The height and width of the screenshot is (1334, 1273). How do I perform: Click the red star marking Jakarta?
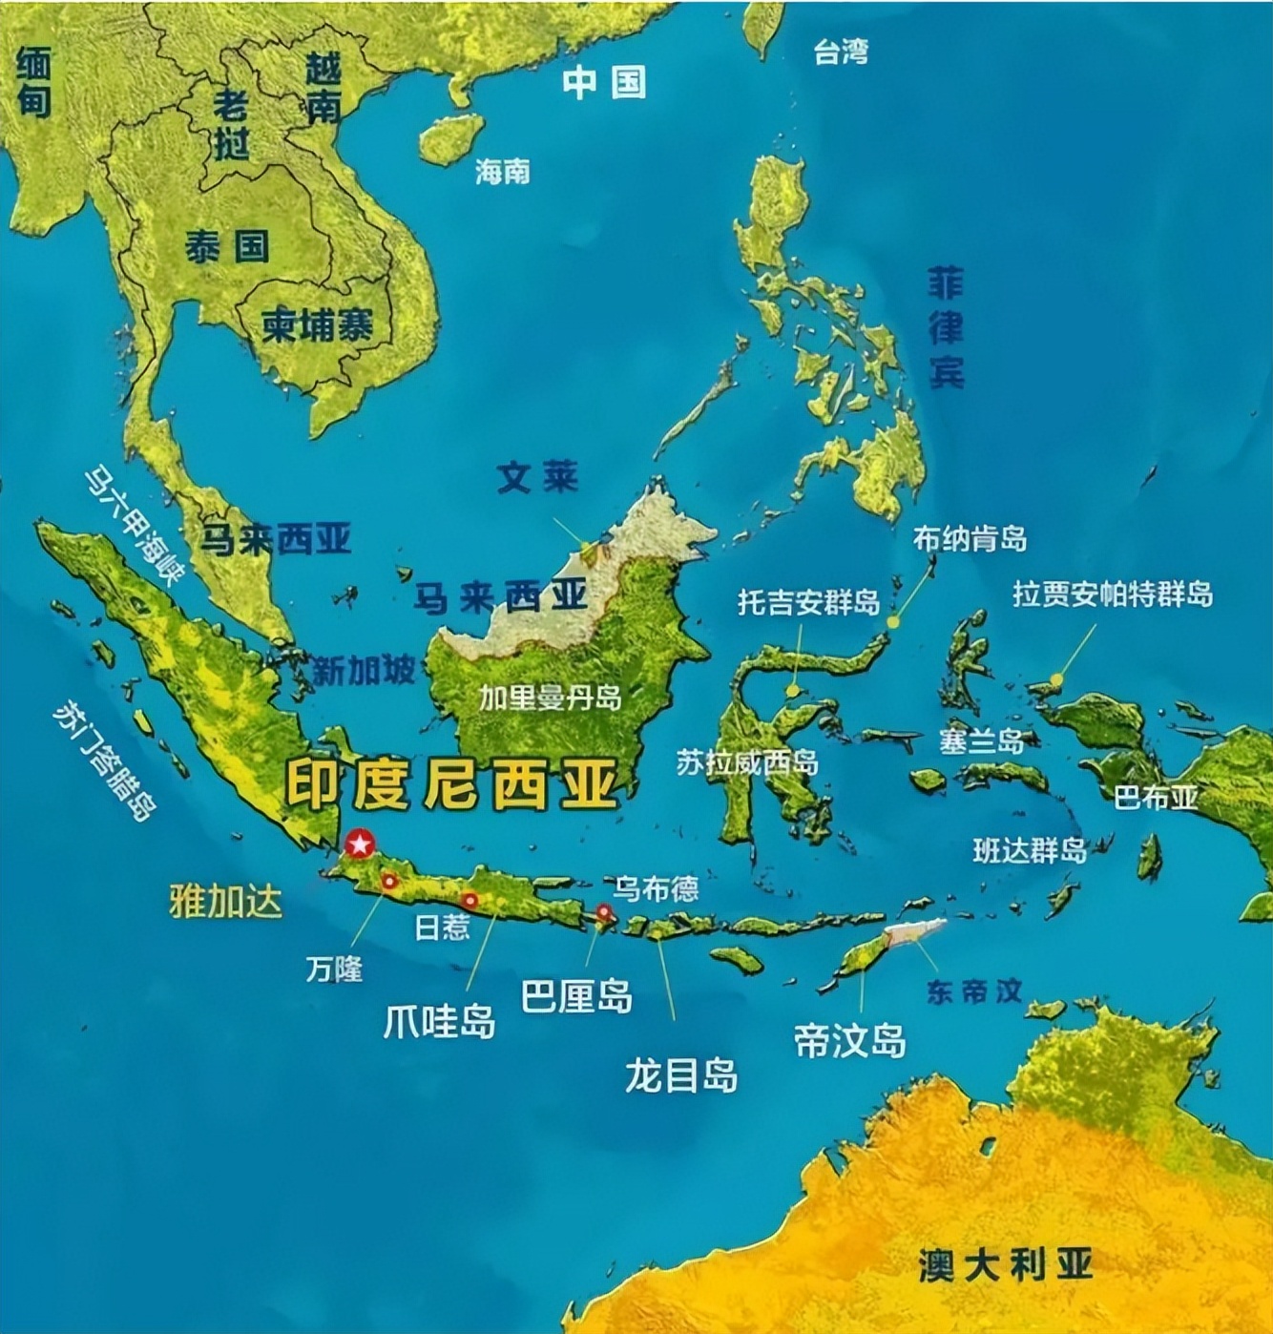[x=360, y=844]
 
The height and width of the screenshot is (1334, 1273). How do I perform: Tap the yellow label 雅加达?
[x=226, y=900]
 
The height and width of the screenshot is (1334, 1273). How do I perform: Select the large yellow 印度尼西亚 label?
[x=452, y=785]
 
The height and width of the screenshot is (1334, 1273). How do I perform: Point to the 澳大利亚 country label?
[x=1005, y=1264]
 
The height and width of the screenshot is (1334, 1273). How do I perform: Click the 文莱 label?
[x=538, y=477]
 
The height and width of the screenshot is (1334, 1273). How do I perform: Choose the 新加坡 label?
[x=364, y=671]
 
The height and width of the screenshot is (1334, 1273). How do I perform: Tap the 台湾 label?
[x=841, y=52]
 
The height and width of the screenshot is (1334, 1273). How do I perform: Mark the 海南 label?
[x=502, y=172]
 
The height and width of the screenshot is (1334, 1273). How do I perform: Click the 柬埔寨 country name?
[x=318, y=326]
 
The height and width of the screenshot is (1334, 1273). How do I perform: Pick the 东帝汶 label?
[x=973, y=990]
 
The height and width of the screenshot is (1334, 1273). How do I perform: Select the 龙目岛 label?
[x=681, y=1075]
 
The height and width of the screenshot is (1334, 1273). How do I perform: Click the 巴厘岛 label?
[x=576, y=996]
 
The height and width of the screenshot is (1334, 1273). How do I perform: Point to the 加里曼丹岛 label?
[x=550, y=698]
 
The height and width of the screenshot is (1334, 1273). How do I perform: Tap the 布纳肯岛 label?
[x=970, y=539]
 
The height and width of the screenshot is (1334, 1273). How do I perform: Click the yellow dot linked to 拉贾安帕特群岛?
[x=1056, y=679]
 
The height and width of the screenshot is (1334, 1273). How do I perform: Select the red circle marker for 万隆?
[x=389, y=882]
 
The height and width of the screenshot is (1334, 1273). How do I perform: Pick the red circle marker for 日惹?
[x=470, y=900]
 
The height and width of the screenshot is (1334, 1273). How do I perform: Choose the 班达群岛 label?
[x=1030, y=850]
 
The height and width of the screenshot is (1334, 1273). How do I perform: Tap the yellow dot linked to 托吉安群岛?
[x=792, y=690]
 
